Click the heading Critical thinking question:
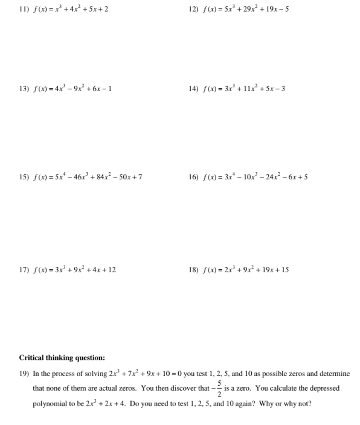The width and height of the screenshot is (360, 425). pos(62,357)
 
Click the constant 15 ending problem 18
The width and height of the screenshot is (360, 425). pos(284,270)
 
